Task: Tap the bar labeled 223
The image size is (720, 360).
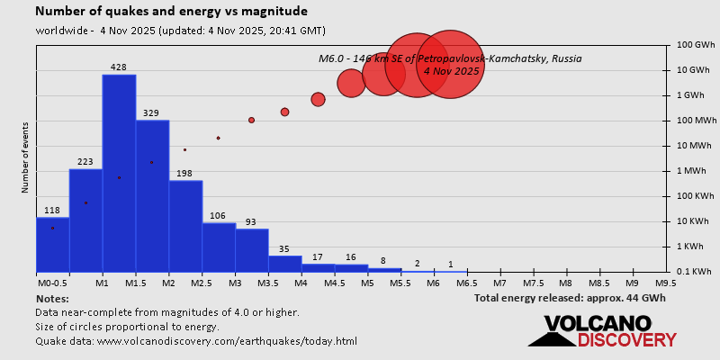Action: coord(85,220)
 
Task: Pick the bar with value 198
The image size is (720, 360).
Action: coord(185,226)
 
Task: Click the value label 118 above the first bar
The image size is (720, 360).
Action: coord(52,211)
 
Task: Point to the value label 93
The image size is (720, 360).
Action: coord(251,222)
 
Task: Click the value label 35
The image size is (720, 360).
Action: coord(284,249)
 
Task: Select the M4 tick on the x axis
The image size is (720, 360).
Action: coord(301,283)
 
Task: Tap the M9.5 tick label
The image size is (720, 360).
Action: coord(666,283)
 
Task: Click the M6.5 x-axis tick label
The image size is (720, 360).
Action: coord(467,283)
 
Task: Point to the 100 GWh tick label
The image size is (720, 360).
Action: coord(696,45)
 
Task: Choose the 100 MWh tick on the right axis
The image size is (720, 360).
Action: coord(696,121)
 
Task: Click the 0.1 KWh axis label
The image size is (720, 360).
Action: coord(696,272)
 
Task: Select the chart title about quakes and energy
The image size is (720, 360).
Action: coord(171,12)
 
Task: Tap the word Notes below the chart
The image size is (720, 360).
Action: coord(52,298)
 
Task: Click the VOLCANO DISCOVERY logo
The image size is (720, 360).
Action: coord(602,331)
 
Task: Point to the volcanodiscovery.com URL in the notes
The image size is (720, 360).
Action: coord(227,341)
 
